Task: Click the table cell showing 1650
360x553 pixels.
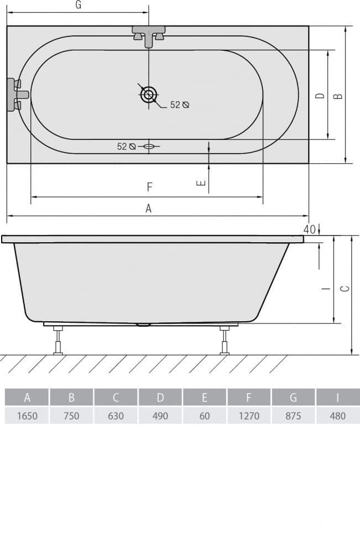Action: tap(27, 416)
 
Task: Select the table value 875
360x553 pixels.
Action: tap(293, 416)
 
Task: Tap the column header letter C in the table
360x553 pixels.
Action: tap(116, 398)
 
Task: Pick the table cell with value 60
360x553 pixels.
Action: tap(205, 416)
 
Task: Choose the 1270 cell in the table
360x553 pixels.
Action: tap(249, 416)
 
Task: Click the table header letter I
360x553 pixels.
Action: tap(337, 398)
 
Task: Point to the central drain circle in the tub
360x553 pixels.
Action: tap(148, 95)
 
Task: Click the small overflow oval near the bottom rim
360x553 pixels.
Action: tap(148, 146)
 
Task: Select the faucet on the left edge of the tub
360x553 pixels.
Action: tap(17, 94)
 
